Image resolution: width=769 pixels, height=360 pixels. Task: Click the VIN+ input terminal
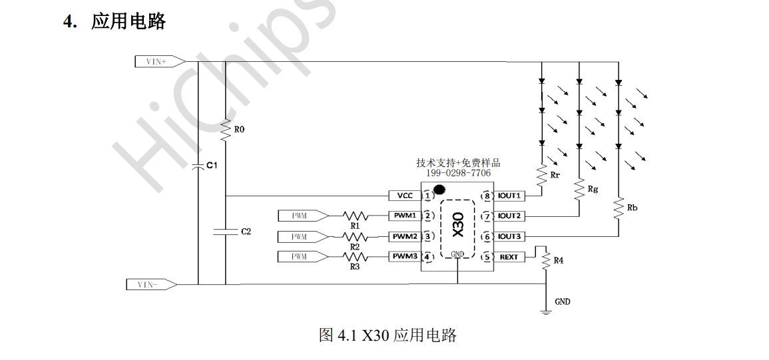pyautogui.click(x=159, y=61)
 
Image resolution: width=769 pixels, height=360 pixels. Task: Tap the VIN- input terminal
pyautogui.click(x=151, y=284)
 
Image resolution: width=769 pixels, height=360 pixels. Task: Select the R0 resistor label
pyautogui.click(x=239, y=130)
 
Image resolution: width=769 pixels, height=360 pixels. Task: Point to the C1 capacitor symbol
pyautogui.click(x=198, y=166)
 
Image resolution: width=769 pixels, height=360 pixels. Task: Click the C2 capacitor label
pyautogui.click(x=246, y=232)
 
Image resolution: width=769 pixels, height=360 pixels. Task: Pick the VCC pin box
pyautogui.click(x=405, y=196)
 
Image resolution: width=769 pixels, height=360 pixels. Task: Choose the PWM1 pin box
pyautogui.click(x=405, y=216)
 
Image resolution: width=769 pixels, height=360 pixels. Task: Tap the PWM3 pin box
pyautogui.click(x=405, y=256)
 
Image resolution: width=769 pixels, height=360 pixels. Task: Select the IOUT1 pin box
pyautogui.click(x=509, y=196)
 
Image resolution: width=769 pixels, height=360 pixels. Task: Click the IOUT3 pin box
pyautogui.click(x=509, y=236)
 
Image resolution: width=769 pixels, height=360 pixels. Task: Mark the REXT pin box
pyautogui.click(x=509, y=256)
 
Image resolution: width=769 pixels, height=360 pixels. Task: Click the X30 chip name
pyautogui.click(x=457, y=225)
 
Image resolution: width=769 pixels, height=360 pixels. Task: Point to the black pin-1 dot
pyautogui.click(x=439, y=189)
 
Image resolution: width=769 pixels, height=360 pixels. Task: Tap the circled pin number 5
pyautogui.click(x=487, y=256)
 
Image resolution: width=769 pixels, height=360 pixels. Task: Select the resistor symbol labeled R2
pyautogui.click(x=355, y=236)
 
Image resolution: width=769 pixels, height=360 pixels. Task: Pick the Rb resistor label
pyautogui.click(x=632, y=208)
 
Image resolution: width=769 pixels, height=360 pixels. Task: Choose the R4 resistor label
pyautogui.click(x=558, y=260)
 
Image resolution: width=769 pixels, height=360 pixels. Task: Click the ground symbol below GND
pyautogui.click(x=545, y=311)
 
